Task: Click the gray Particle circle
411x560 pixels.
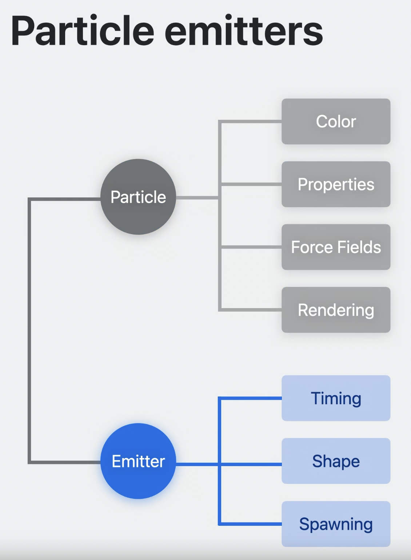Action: pyautogui.click(x=138, y=197)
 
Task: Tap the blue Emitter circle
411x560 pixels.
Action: pyautogui.click(x=138, y=461)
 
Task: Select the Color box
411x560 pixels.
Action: pyautogui.click(x=336, y=122)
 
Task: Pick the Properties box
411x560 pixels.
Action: pyautogui.click(x=336, y=184)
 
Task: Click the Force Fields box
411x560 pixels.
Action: pyautogui.click(x=336, y=247)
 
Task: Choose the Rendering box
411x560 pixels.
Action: pyautogui.click(x=336, y=310)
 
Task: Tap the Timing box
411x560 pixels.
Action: pyautogui.click(x=336, y=398)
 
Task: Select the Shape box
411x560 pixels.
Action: pyautogui.click(x=336, y=461)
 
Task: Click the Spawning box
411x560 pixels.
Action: pyautogui.click(x=336, y=524)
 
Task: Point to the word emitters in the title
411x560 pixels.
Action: pyautogui.click(x=244, y=31)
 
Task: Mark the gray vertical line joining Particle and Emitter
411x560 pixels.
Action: pyautogui.click(x=29, y=328)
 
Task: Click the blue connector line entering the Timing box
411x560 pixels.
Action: pyautogui.click(x=251, y=398)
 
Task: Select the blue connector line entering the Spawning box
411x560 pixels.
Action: pyautogui.click(x=251, y=524)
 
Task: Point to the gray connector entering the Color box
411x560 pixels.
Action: pyautogui.click(x=251, y=122)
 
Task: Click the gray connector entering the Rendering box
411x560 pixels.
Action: pyautogui.click(x=251, y=310)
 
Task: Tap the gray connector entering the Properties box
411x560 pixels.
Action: pyautogui.click(x=251, y=184)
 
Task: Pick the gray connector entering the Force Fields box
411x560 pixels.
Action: pyautogui.click(x=251, y=247)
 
